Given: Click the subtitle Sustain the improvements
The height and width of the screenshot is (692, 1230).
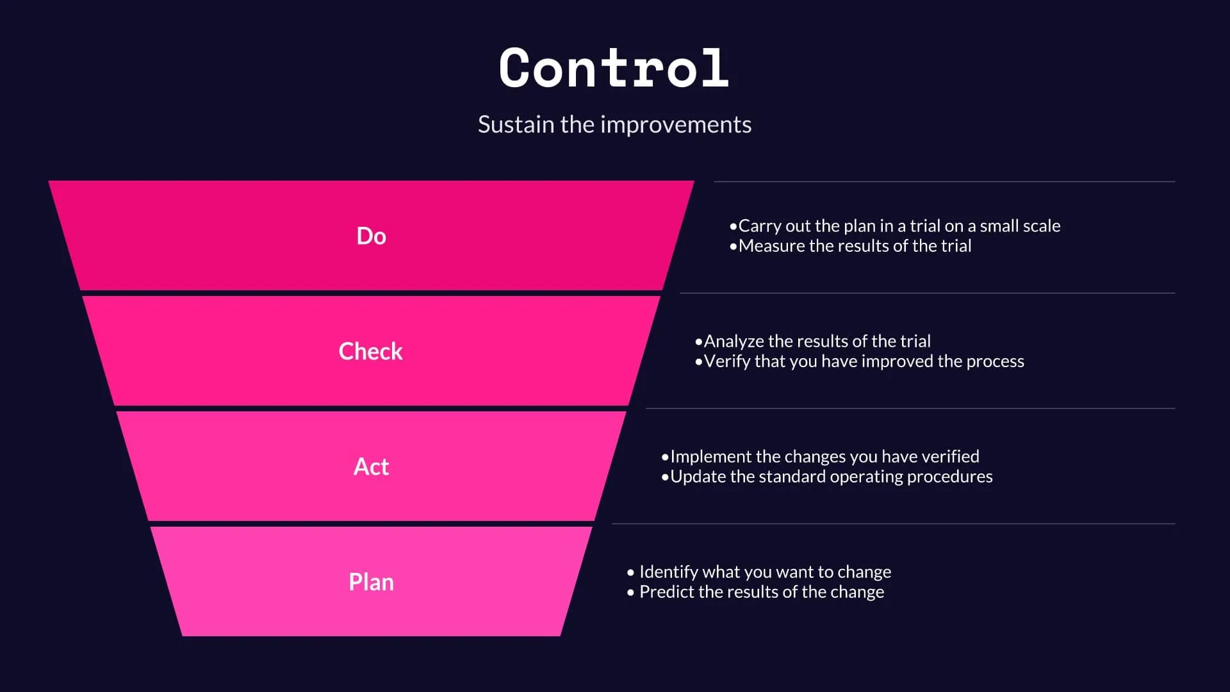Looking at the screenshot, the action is click(614, 124).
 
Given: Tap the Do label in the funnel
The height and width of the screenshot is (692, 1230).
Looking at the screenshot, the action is click(371, 236).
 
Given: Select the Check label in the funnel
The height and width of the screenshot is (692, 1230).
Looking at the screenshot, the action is click(370, 351).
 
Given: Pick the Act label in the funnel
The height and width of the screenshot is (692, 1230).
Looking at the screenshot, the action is click(371, 466).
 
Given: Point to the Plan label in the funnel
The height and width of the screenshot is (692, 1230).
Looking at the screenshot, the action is click(371, 582).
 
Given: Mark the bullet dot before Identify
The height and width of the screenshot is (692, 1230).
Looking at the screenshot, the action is click(630, 572).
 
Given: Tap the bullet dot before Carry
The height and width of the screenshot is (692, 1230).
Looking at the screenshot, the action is click(733, 226).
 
